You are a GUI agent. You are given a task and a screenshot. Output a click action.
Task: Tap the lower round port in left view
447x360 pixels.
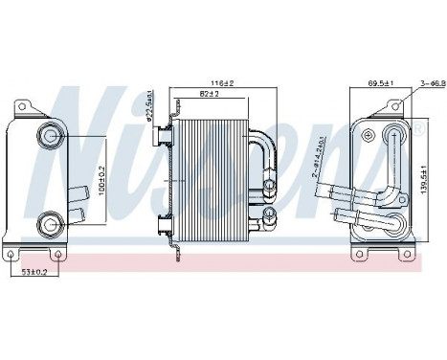pos(49,226)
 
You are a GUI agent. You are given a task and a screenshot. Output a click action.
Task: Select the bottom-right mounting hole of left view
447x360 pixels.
pos(58,255)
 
